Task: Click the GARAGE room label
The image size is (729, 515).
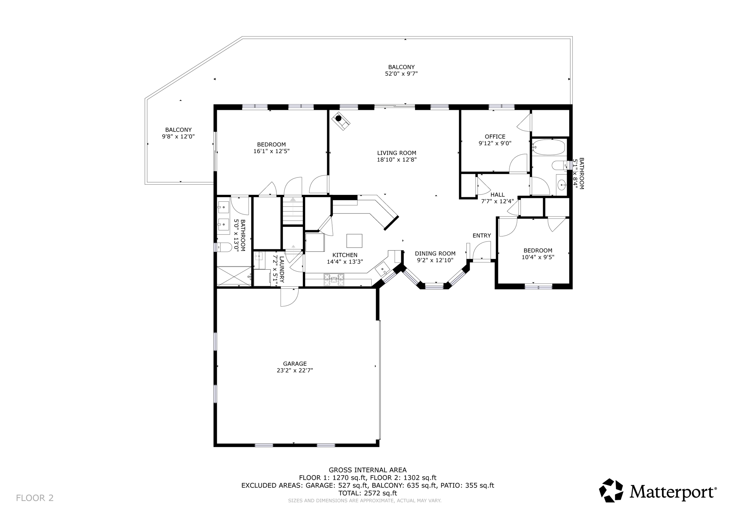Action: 295,363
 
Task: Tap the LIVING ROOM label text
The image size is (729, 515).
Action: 397,153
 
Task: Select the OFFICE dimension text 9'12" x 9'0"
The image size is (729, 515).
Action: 495,143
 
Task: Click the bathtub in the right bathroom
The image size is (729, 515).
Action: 549,147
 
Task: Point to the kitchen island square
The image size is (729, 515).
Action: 354,241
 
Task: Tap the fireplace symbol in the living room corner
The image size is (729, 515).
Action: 341,121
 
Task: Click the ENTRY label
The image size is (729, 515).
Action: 482,235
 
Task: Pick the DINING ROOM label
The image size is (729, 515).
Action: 435,254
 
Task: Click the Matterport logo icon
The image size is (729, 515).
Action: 611,490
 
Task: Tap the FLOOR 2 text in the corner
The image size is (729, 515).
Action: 35,498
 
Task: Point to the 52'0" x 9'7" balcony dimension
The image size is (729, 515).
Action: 401,74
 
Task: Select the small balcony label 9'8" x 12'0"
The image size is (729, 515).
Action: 178,136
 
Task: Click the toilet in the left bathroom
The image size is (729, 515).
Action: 224,247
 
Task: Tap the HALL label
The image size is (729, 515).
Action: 497,195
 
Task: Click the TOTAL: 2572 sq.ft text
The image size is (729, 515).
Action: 367,493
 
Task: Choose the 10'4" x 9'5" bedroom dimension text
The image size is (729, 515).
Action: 538,257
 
